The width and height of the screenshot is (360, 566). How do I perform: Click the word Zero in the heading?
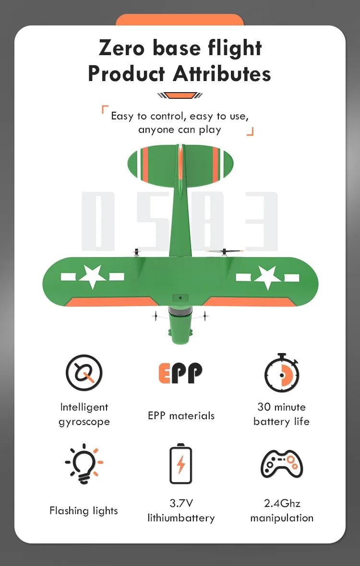coord(121,48)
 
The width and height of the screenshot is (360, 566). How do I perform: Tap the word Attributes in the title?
coord(222,74)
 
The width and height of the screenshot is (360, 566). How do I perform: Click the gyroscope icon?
coord(84,373)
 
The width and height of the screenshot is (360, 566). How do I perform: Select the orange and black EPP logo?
coord(180,373)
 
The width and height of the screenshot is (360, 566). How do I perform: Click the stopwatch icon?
coord(282,373)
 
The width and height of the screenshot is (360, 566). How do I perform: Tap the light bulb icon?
coord(84,464)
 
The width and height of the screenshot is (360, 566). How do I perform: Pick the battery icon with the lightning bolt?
coord(180,463)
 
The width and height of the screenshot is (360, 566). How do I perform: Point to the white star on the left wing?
coord(93,276)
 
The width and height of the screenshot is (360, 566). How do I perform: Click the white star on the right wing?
coord(267,277)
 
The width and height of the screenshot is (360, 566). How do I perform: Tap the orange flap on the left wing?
coord(112,302)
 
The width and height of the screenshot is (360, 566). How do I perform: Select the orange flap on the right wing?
coord(249,302)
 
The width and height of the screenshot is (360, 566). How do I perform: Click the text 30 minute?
coord(281,407)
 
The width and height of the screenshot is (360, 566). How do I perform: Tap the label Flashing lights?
coord(84,511)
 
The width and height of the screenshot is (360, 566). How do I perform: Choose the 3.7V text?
coord(181,503)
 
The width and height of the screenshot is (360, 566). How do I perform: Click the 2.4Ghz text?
coord(282,503)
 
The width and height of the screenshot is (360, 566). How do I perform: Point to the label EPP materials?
coord(181,415)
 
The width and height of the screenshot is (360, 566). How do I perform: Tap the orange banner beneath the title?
coord(180,95)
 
